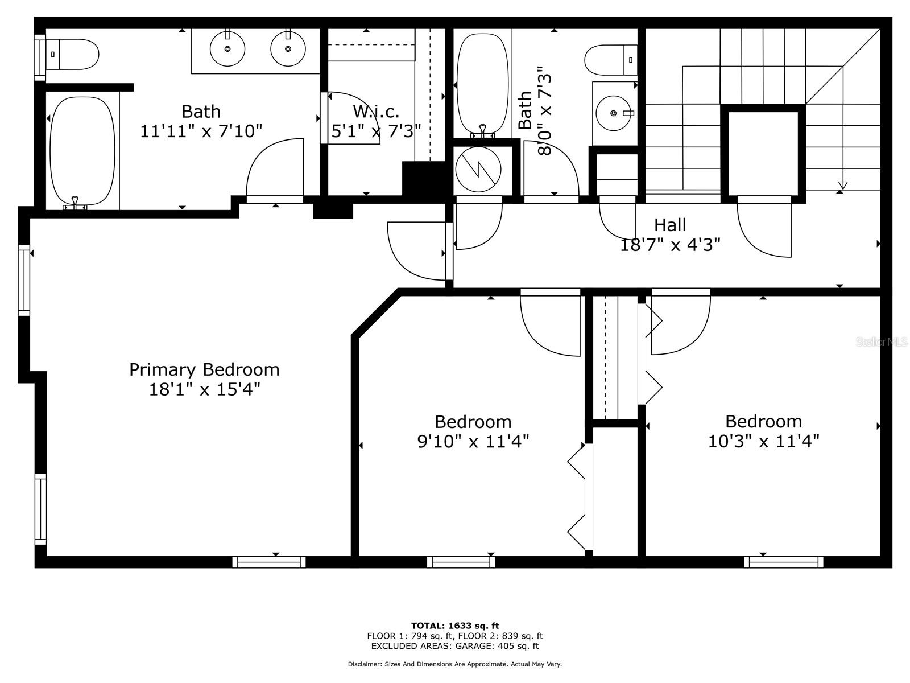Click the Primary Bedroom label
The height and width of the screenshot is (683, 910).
[204, 369]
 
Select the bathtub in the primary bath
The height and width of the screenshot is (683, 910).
[82, 152]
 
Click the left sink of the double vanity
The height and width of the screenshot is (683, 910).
[227, 48]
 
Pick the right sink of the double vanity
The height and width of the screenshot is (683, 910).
[288, 48]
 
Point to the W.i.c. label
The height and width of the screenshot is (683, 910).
[376, 111]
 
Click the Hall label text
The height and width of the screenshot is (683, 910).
[670, 225]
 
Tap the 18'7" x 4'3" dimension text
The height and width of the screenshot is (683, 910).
[670, 245]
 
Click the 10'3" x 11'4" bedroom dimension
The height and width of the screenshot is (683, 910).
[763, 441]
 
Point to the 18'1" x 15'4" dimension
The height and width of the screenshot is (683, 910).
[204, 389]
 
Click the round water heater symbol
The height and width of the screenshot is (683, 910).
[478, 169]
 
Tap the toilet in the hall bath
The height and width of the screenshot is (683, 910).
[611, 60]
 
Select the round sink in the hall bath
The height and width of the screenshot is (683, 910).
[613, 113]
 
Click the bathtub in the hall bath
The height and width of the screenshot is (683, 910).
[482, 84]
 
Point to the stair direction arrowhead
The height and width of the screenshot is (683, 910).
[842, 185]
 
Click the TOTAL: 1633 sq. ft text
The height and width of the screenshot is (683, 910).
[455, 626]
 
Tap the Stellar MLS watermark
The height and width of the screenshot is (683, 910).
[882, 342]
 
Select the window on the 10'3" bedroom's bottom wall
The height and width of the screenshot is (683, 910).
[784, 562]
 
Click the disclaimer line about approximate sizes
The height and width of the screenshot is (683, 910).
[455, 664]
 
